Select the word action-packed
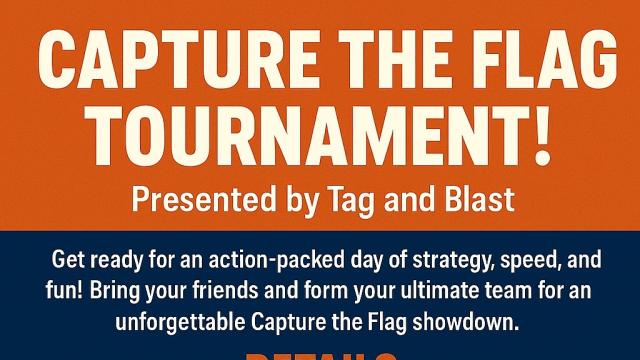(x=246, y=262)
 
